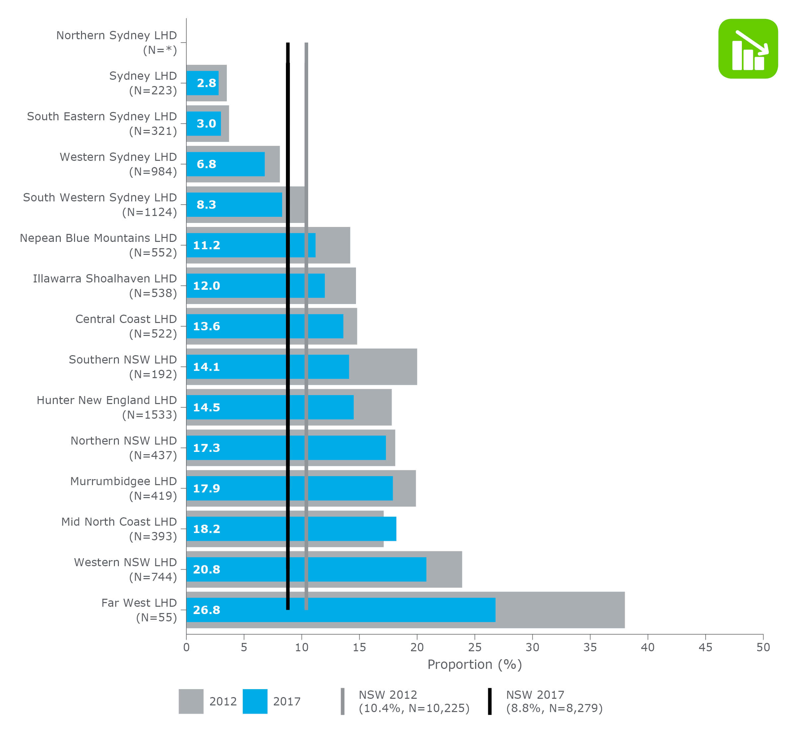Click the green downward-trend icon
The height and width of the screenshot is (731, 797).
pyautogui.click(x=748, y=49)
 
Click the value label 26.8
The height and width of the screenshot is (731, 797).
pyautogui.click(x=206, y=610)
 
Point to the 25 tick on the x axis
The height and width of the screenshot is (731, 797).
pyautogui.click(x=475, y=647)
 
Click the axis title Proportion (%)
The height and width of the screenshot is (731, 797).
pyautogui.click(x=475, y=665)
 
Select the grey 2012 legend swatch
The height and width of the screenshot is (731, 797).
pyautogui.click(x=191, y=701)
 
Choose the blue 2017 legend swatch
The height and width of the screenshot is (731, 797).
pyautogui.click(x=255, y=701)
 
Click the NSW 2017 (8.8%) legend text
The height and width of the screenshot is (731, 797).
pyautogui.click(x=554, y=701)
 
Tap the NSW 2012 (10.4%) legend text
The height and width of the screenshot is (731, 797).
pyautogui.click(x=413, y=701)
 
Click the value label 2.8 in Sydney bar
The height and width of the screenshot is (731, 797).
pyautogui.click(x=206, y=83)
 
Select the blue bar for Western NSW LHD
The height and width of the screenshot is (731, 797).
pyautogui.click(x=356, y=569)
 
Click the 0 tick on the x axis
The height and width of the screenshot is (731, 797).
pyautogui.click(x=186, y=647)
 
